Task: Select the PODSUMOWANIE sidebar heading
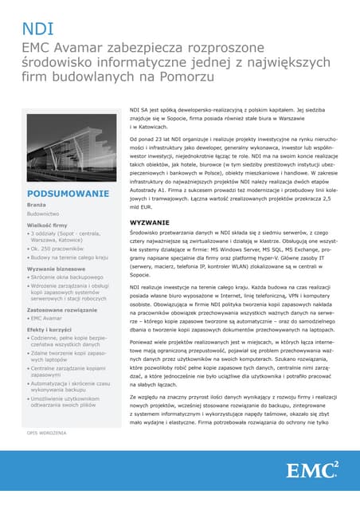(67, 194)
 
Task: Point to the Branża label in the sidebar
(37, 206)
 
